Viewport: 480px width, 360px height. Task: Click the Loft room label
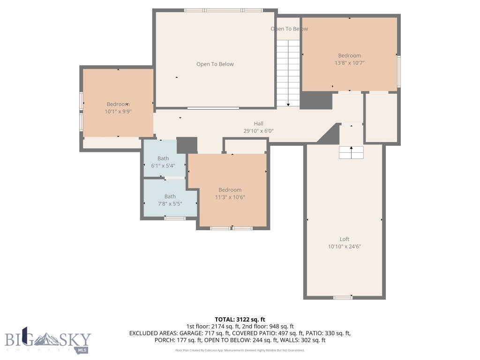pyautogui.click(x=345, y=239)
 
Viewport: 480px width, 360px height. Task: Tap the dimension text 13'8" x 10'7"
pyautogui.click(x=349, y=63)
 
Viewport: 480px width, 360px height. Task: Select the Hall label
pyautogui.click(x=258, y=124)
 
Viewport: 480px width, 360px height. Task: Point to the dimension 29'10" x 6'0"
pyautogui.click(x=258, y=131)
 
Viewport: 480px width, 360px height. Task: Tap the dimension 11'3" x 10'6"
pyautogui.click(x=230, y=197)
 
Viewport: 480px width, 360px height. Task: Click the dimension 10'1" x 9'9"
pyautogui.click(x=118, y=112)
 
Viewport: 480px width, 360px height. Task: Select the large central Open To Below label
pyautogui.click(x=215, y=64)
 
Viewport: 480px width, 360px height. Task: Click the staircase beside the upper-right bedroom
pyautogui.click(x=288, y=73)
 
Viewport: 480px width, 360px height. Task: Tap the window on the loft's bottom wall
pyautogui.click(x=343, y=297)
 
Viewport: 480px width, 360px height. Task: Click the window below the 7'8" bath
pyautogui.click(x=175, y=218)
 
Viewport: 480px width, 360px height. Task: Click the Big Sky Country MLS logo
pyautogui.click(x=48, y=340)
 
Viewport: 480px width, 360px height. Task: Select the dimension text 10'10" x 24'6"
pyautogui.click(x=345, y=247)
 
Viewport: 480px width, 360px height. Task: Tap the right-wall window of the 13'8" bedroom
pyautogui.click(x=399, y=71)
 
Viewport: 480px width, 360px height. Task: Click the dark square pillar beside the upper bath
pyautogui.click(x=187, y=145)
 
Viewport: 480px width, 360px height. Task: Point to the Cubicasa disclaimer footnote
pyautogui.click(x=240, y=350)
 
